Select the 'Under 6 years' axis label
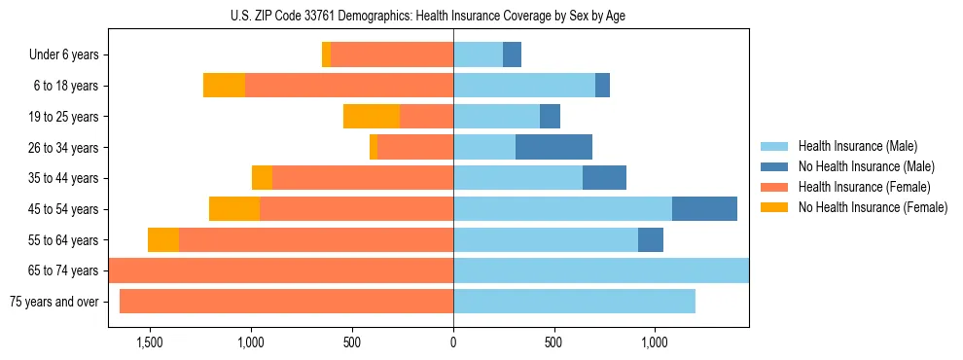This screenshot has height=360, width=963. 63,55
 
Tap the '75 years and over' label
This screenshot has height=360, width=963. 53,302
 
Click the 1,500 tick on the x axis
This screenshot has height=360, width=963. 150,342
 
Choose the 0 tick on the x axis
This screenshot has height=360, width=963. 453,342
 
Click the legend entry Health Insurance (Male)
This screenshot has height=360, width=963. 857,146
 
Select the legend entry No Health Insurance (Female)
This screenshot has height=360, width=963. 873,207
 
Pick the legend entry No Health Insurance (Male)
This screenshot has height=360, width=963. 866,166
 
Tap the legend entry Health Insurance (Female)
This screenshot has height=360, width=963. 864,187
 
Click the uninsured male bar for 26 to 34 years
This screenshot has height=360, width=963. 553,147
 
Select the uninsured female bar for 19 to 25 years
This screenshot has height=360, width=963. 372,117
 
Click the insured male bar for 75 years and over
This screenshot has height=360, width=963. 574,302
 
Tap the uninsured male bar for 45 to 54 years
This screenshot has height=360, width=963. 704,209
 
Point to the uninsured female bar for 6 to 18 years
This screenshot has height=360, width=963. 224,86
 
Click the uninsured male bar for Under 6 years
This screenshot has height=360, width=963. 512,54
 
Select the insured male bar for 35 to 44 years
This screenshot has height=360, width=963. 517,178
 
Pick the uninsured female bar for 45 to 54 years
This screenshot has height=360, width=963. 234,209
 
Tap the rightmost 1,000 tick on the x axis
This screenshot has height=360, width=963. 655,342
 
